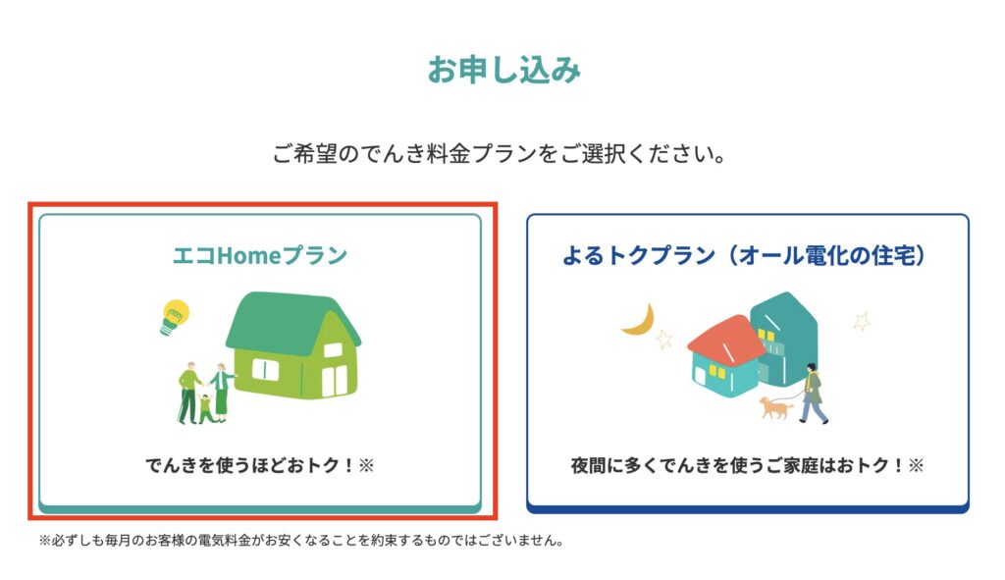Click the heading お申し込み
point(503,70)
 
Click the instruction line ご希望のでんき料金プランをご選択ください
point(500,154)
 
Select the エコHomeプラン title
point(260,256)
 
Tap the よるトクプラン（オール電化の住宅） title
point(745,256)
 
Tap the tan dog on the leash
point(775,407)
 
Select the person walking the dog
point(812,393)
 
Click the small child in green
point(205,408)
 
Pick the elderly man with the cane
point(188,394)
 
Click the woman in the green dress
point(221,393)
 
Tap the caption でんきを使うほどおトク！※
point(259,465)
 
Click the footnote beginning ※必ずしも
point(301,541)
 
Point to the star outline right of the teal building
point(862,321)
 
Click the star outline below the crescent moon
point(664,339)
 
